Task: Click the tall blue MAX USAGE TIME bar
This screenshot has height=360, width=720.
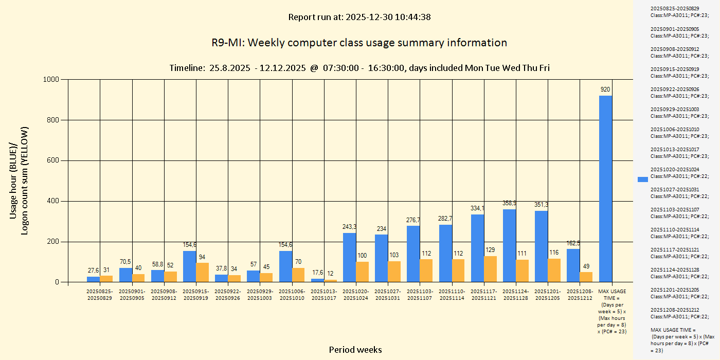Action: pyautogui.click(x=605, y=189)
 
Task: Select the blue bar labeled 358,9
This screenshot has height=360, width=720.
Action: pyautogui.click(x=509, y=246)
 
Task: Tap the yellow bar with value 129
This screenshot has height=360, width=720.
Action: pyautogui.click(x=490, y=269)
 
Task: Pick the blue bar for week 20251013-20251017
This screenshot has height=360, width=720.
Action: pyautogui.click(x=317, y=280)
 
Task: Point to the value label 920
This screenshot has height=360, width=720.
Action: pyautogui.click(x=605, y=89)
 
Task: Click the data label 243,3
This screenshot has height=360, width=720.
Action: pyautogui.click(x=349, y=227)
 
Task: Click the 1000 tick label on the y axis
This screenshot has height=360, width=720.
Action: pyautogui.click(x=52, y=79)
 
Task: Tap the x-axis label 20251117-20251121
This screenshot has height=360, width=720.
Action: pyautogui.click(x=484, y=295)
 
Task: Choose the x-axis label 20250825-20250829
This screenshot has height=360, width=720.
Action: pyautogui.click(x=99, y=295)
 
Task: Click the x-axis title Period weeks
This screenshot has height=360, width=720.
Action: pyautogui.click(x=355, y=350)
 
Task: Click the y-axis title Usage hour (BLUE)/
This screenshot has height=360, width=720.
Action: pyautogui.click(x=14, y=180)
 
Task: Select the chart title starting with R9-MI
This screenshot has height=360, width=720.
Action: pyautogui.click(x=359, y=43)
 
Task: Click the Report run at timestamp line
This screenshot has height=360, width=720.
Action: pyautogui.click(x=359, y=17)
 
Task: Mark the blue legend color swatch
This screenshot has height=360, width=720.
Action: pyautogui.click(x=643, y=179)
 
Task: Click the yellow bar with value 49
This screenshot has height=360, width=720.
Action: pyautogui.click(x=586, y=277)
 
